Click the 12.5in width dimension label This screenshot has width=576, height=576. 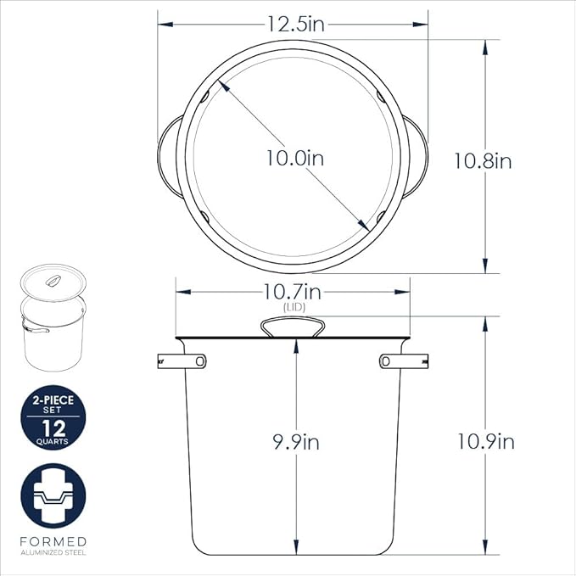[x=296, y=25]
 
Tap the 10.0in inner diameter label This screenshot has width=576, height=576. [x=295, y=159]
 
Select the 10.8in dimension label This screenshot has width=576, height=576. [x=483, y=161]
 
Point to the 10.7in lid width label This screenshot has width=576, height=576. [x=293, y=292]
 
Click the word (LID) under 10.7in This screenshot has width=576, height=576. [x=294, y=307]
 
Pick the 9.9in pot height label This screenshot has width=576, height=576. [x=296, y=442]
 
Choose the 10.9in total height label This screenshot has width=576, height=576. [x=485, y=441]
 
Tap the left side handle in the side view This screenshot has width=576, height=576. [x=182, y=361]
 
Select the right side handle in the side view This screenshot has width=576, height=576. [x=403, y=361]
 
